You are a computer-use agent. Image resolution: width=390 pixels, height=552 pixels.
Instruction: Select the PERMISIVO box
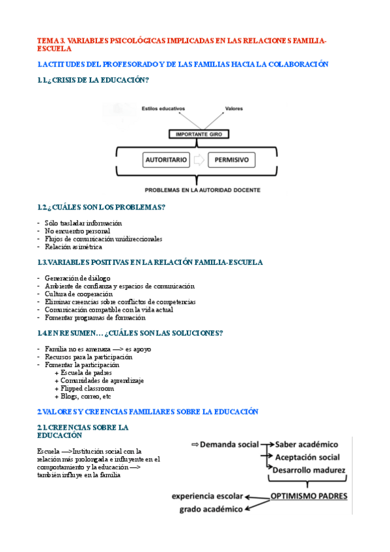point(232,159)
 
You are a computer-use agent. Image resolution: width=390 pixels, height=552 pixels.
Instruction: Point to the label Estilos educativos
point(163,109)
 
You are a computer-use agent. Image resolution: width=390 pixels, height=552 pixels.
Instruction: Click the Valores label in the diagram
point(234,109)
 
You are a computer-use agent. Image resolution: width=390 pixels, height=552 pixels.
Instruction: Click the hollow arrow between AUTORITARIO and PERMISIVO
point(199,159)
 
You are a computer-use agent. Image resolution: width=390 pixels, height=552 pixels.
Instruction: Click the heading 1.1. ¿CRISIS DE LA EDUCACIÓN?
point(93,80)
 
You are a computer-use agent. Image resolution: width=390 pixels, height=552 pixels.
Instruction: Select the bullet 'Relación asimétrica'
point(74,247)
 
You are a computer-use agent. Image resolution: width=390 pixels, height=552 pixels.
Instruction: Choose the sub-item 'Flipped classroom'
point(84,388)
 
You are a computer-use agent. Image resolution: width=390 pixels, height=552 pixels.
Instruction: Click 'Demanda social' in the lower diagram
point(229,444)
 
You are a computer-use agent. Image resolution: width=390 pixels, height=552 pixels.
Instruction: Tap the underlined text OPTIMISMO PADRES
point(309,496)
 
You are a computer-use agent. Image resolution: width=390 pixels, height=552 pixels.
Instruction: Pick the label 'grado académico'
point(211,509)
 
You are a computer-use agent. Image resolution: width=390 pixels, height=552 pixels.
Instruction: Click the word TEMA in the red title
point(47,40)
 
